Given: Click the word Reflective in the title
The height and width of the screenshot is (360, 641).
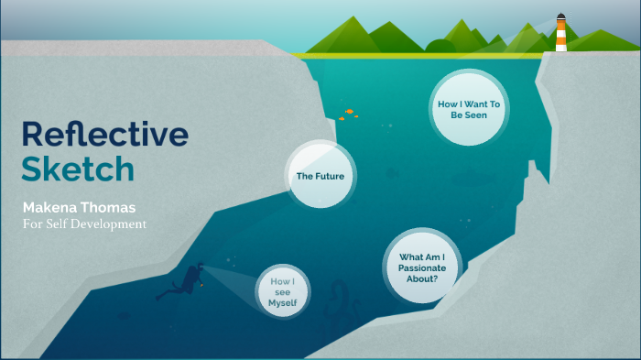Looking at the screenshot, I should click(104, 135).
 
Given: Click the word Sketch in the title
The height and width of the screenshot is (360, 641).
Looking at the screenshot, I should click(78, 169).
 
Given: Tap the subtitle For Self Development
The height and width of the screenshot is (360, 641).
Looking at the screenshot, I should click(84, 224).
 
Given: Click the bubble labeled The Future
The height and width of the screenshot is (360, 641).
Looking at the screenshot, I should click(320, 175).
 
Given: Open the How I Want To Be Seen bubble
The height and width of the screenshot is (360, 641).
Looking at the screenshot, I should click(468, 110).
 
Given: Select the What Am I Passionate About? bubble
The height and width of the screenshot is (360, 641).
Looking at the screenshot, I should click(422, 265).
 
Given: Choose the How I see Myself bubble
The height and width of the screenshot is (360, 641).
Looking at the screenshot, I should click(283, 290).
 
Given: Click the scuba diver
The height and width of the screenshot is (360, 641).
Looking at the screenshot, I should click(184, 279).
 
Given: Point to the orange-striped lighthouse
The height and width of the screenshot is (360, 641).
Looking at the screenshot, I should click(560, 35).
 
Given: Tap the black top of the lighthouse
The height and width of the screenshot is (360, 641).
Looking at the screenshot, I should click(560, 16).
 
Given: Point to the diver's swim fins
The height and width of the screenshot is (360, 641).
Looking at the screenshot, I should click(163, 294).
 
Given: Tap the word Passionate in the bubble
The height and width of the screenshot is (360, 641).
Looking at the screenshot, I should click(422, 265).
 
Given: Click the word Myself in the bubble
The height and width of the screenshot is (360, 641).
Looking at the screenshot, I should click(283, 302).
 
